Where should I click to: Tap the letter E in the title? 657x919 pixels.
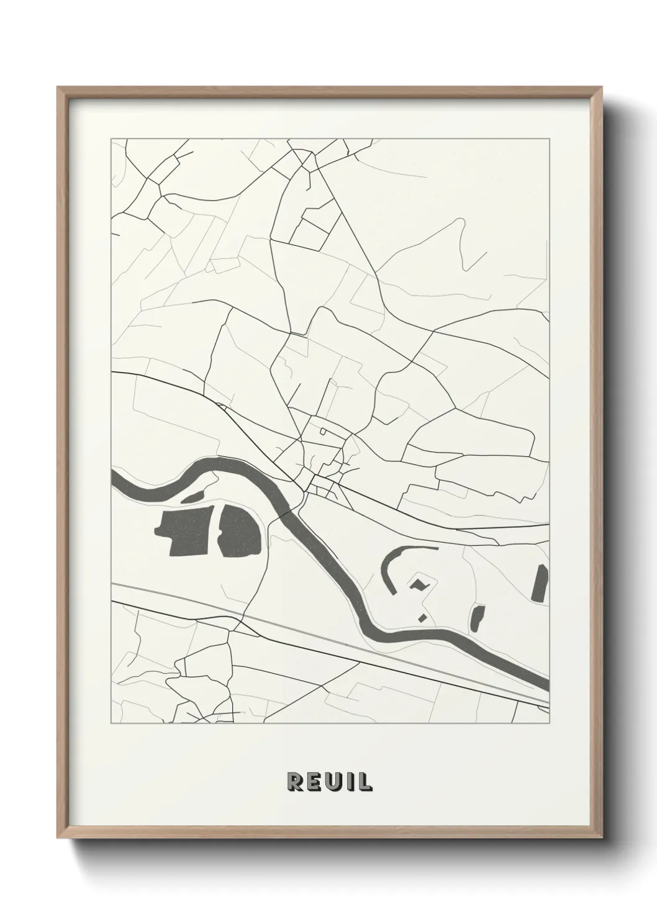click(x=314, y=782)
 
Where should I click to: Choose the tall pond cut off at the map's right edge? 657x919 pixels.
click(x=541, y=583)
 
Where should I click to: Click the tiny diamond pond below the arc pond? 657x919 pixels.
click(x=422, y=617)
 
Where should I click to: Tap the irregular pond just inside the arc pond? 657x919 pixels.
click(x=419, y=584)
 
